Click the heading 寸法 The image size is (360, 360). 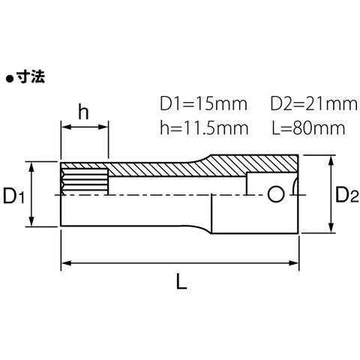(31, 76)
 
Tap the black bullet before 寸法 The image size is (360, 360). (9, 79)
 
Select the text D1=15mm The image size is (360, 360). (203, 104)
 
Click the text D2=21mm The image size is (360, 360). (314, 104)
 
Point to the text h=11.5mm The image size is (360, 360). (204, 128)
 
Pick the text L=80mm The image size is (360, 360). (308, 128)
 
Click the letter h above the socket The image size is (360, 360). (83, 112)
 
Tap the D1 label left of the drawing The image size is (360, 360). (13, 196)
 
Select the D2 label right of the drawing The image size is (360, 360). (346, 195)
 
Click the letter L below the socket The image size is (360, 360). (181, 281)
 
